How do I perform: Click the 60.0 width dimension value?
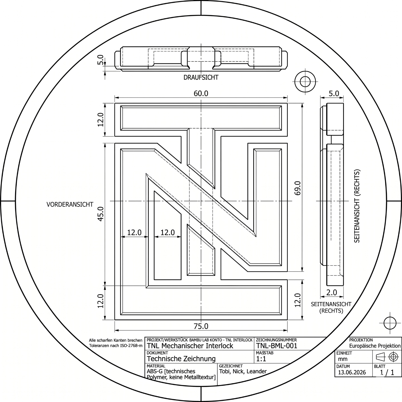pos(201,94)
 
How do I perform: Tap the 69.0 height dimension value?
pos(298,188)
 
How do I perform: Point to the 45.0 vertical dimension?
pos(101,214)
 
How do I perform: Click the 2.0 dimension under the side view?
pos(331,293)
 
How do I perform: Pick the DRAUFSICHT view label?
pos(201,77)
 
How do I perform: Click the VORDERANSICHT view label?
pos(70,204)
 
